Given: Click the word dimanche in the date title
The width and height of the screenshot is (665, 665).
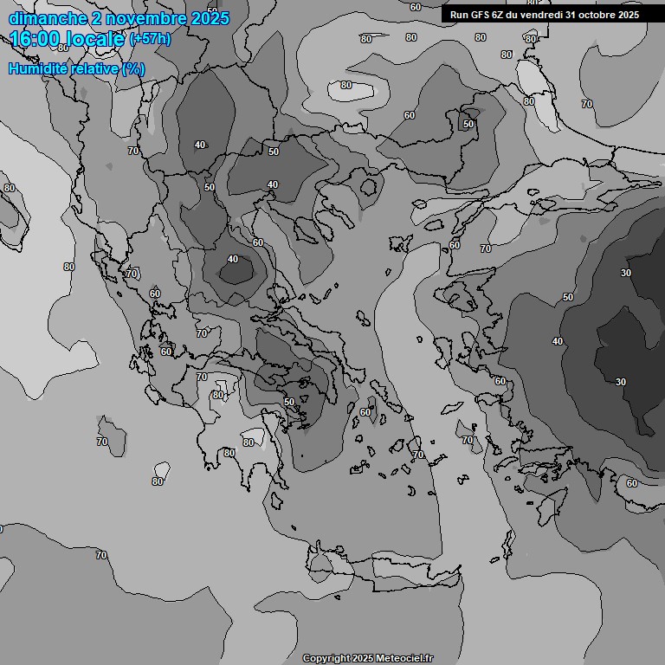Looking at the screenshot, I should (x=44, y=18).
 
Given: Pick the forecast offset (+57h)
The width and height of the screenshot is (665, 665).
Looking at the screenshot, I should (x=150, y=40).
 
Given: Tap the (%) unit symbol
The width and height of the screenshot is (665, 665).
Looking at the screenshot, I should (x=134, y=69).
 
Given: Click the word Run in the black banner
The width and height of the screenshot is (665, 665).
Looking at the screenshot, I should (x=459, y=15).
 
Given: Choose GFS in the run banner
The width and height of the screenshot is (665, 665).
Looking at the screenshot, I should (x=480, y=15).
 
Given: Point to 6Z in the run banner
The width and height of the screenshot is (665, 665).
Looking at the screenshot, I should (x=498, y=15).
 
